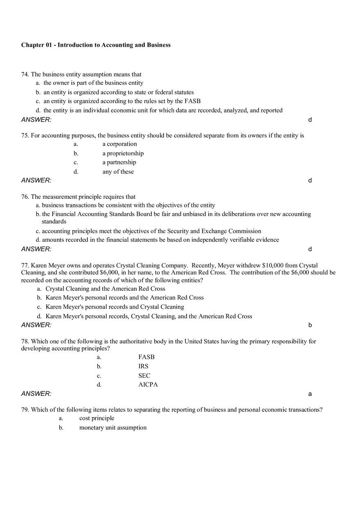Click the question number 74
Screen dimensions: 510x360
click(x=25, y=74)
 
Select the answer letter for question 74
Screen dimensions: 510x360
click(x=310, y=120)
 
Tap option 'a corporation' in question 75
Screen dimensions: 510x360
click(x=119, y=144)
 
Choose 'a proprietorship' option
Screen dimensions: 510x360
click(x=123, y=153)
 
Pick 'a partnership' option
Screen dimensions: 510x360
click(x=119, y=162)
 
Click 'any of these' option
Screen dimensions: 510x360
click(x=118, y=172)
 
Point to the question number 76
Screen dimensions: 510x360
click(x=25, y=197)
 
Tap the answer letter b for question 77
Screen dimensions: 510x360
click(x=310, y=325)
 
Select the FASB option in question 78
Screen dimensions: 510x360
click(x=146, y=357)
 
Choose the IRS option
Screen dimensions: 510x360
click(x=143, y=366)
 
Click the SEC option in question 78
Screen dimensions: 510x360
click(x=144, y=376)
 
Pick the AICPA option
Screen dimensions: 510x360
click(x=148, y=385)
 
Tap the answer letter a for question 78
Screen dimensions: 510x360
click(x=310, y=394)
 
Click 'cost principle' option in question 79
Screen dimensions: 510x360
click(x=97, y=418)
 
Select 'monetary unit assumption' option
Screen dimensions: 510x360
click(x=112, y=428)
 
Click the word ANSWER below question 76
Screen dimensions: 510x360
click(x=36, y=249)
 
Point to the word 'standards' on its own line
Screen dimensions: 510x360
click(x=54, y=222)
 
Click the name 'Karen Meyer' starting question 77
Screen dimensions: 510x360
click(x=47, y=265)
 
